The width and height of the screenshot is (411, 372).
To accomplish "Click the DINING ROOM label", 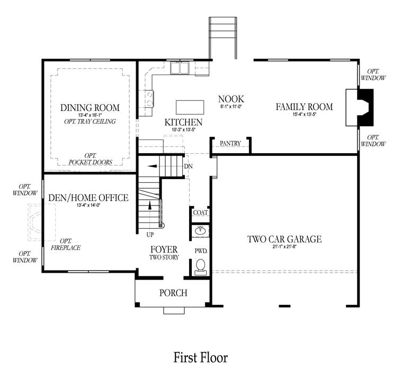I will (90, 108).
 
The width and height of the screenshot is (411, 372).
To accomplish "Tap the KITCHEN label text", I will (183, 122).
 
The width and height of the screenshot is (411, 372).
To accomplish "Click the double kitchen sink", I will (181, 68).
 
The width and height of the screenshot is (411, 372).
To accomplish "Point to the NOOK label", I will (231, 99).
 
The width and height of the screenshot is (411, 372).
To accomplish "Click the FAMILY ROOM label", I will (304, 107).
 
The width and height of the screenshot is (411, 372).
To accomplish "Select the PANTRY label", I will (230, 143).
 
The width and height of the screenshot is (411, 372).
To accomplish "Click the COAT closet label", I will (200, 213).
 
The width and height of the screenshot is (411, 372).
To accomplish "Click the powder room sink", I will (201, 230).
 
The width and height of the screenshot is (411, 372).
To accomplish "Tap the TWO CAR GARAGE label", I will (284, 239).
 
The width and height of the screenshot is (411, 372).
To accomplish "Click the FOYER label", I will (164, 249).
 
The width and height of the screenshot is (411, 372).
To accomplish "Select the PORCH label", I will (173, 293).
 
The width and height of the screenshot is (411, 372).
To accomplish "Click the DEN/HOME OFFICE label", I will (88, 198).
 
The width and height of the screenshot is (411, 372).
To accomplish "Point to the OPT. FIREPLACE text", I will (66, 244).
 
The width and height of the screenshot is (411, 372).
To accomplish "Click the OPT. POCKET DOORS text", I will (90, 159).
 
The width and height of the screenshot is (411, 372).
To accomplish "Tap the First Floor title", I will (201, 358).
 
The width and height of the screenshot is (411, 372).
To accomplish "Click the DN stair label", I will (188, 166).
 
